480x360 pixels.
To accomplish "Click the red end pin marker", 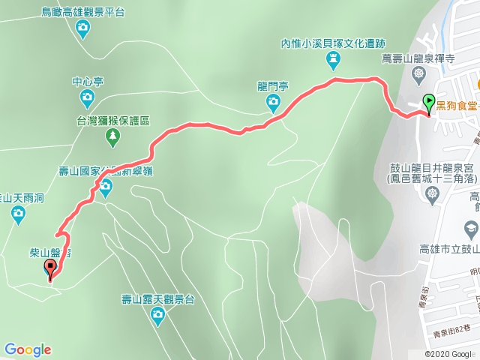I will coord(51,270).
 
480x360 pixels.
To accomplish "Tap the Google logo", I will coord(27,349).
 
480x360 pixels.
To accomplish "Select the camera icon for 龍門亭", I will coord(273,101).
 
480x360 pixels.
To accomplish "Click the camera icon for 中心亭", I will coord(87,97).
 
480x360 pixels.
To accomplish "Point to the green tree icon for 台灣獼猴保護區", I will coord(112,136).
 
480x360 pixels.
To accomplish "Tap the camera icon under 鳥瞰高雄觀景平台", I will coord(83,29).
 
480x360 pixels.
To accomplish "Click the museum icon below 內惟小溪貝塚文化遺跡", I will coord(332,59).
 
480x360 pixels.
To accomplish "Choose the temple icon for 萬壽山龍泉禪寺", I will coord(418,73).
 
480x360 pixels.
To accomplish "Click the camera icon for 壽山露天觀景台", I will coord(157,316).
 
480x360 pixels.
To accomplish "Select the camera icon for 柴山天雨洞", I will coord(18,216).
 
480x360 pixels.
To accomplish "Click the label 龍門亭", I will coord(273,85).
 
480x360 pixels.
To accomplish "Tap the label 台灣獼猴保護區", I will coord(113,120).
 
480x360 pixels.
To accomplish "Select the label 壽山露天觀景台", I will coord(158,300).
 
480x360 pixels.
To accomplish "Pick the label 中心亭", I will coord(87,81).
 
